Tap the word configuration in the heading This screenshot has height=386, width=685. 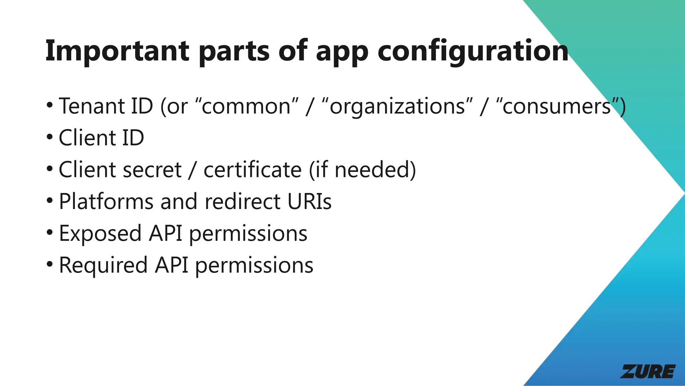(473, 51)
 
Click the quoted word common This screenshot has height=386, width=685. (247, 107)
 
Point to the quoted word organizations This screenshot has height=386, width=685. (397, 107)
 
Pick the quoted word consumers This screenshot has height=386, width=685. (557, 107)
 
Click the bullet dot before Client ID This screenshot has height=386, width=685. (50, 137)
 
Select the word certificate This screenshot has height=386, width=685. (253, 170)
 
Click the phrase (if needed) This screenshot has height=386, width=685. (362, 170)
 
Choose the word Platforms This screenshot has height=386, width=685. (106, 202)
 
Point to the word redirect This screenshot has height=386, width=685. (242, 202)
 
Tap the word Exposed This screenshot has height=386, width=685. (100, 233)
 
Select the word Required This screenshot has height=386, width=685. (103, 265)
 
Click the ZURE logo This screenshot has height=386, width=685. (648, 371)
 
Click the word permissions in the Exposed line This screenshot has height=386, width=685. (248, 234)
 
